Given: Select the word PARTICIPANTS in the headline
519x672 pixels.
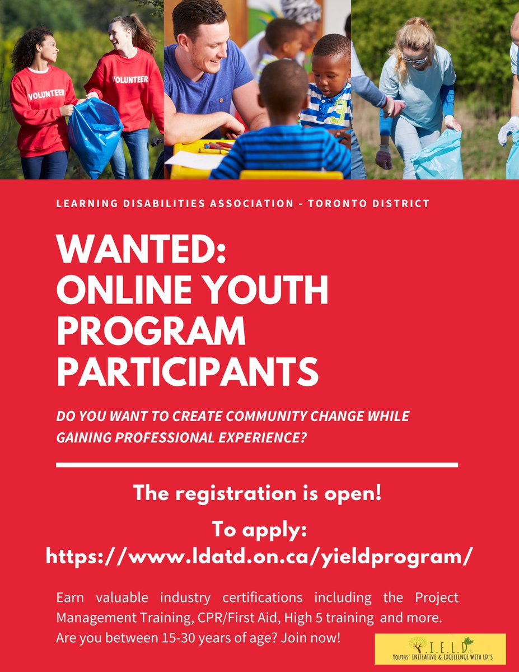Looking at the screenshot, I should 188,370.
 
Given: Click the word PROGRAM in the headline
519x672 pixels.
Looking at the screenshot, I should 151,331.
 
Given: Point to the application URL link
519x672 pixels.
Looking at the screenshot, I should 259,556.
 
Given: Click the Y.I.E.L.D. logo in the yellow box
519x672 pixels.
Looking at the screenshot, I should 439,649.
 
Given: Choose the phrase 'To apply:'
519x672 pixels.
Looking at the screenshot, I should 259,529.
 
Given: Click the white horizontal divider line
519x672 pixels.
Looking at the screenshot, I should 257,465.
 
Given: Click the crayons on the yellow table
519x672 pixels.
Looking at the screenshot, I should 216,147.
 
